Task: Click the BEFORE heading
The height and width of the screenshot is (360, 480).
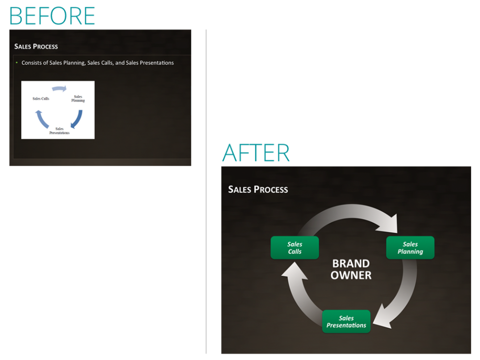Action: coord(52,16)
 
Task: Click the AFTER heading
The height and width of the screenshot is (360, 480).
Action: coord(256,153)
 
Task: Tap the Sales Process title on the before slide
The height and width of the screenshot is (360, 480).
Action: coord(36,47)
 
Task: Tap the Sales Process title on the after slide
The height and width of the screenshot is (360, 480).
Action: coord(258,189)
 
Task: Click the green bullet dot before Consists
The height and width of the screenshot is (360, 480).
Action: coord(17,62)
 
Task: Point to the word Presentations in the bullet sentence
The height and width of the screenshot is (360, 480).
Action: coord(157,63)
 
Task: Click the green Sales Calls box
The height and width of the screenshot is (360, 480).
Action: coord(295,248)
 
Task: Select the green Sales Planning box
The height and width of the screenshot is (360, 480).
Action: coord(410,248)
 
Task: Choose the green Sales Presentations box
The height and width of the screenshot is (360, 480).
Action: coord(346,321)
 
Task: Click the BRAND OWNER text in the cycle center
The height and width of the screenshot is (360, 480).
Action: coord(351,269)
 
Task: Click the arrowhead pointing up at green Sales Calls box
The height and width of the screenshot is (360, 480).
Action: coord(294,271)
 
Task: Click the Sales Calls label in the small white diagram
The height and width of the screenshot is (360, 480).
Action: coord(41,99)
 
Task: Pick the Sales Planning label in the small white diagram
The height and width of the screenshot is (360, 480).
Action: coord(78,98)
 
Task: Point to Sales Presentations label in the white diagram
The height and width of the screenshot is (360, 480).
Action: coord(59,131)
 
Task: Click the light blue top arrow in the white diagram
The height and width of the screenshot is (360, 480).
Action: coord(59,88)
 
